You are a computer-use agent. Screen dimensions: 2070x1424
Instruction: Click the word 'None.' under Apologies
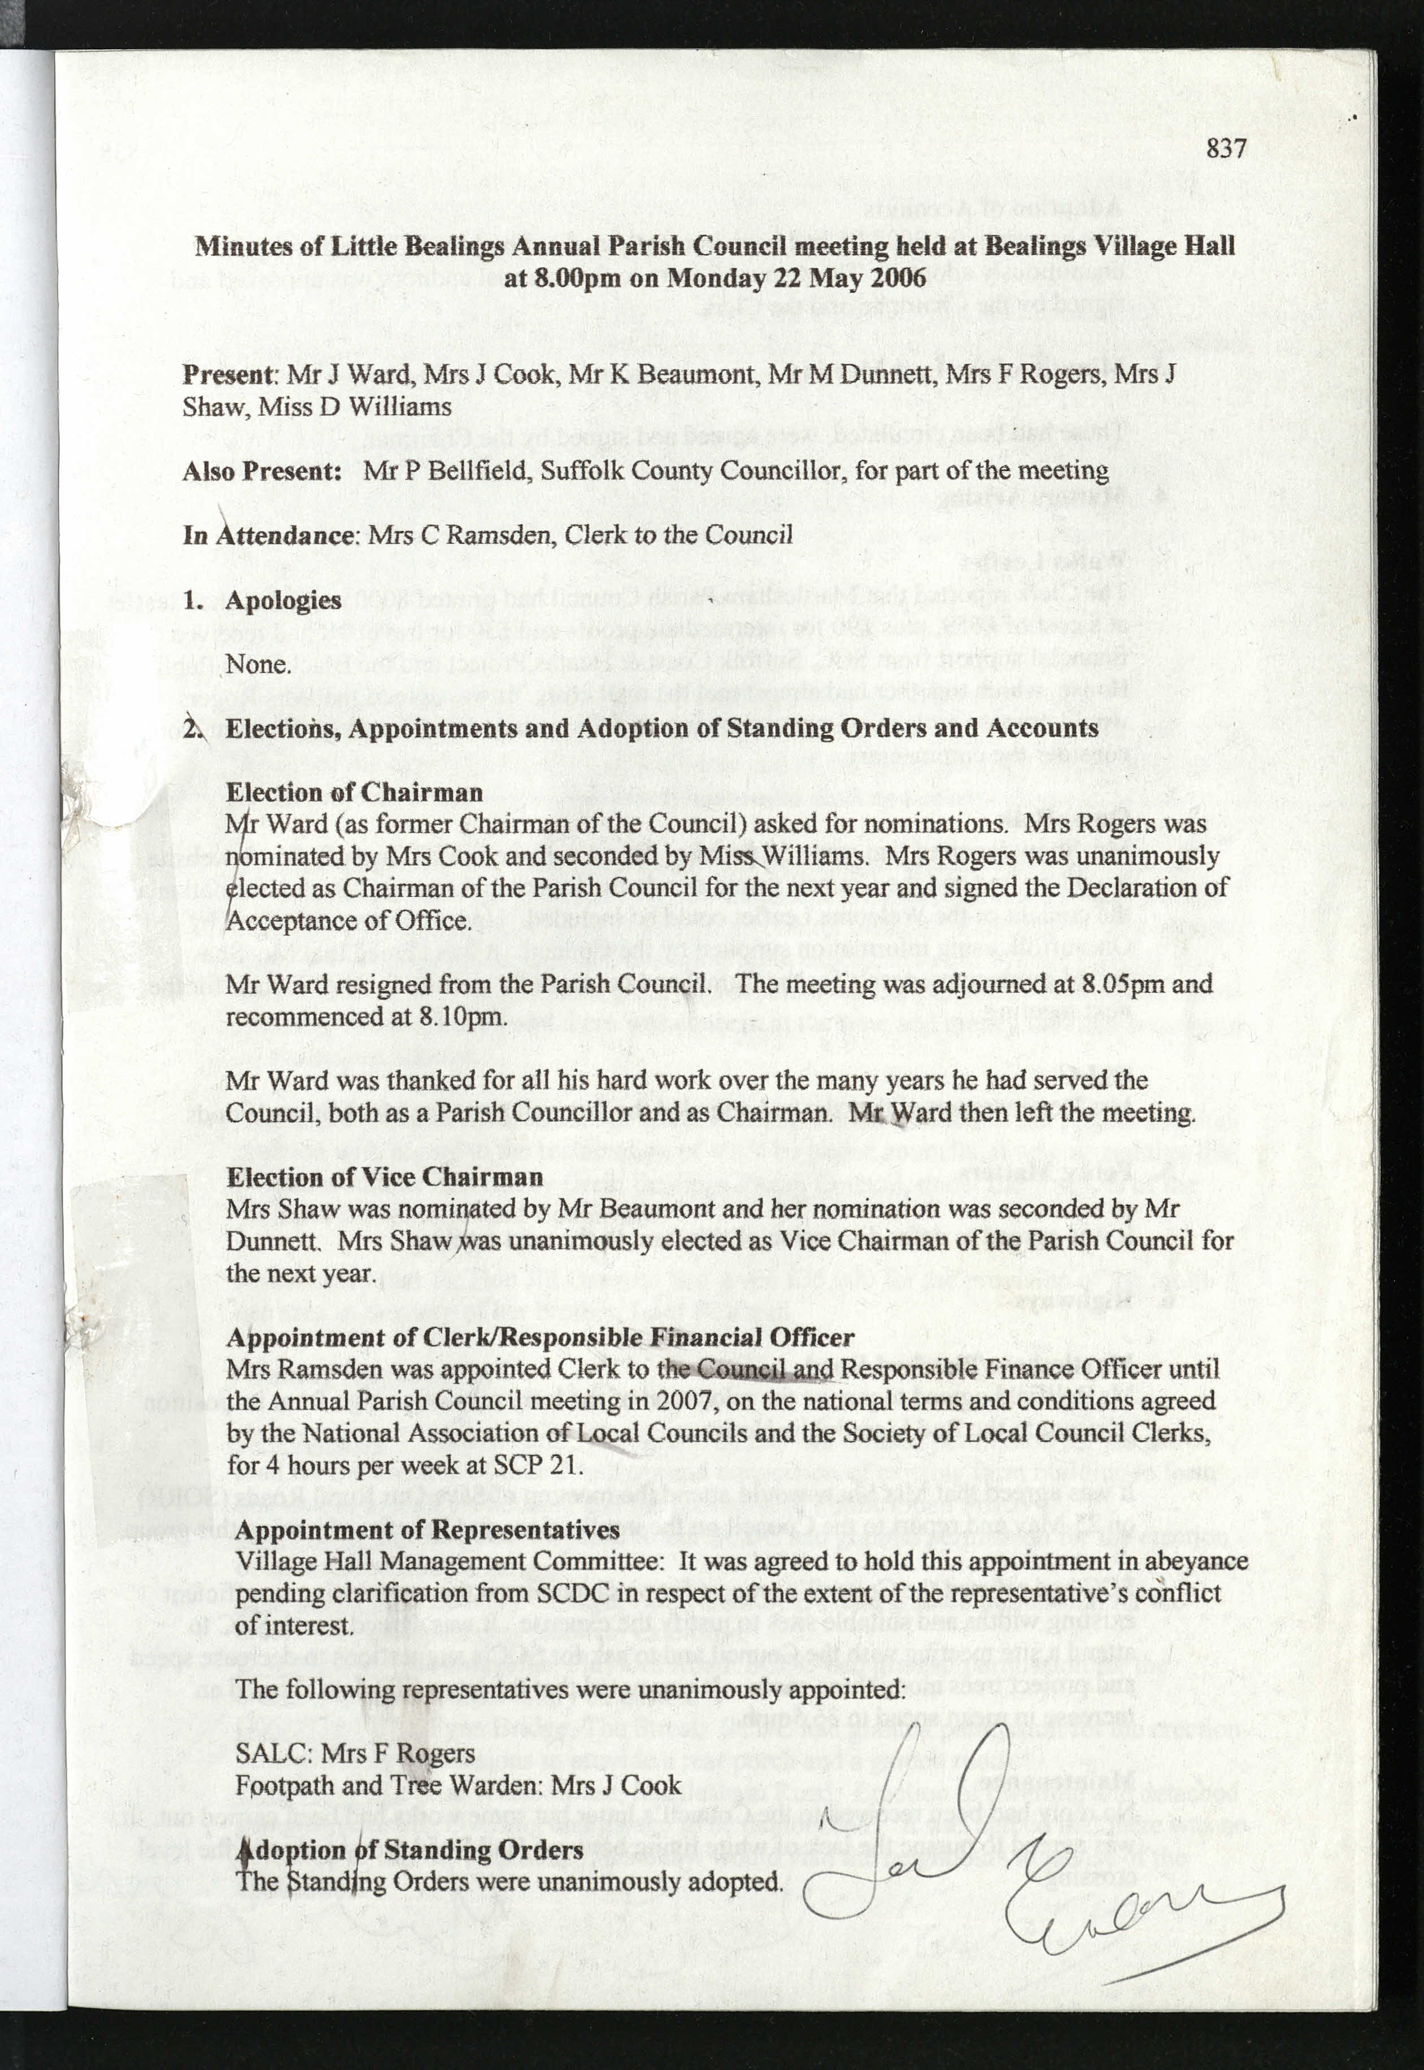click(258, 665)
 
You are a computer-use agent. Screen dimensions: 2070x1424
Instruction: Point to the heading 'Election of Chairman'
click(354, 792)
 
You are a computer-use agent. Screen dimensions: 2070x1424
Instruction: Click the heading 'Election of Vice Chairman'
click(385, 1177)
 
